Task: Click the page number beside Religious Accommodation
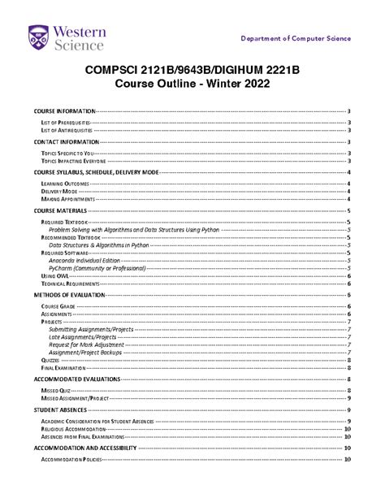tap(347, 428)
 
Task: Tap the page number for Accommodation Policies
tap(347, 459)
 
